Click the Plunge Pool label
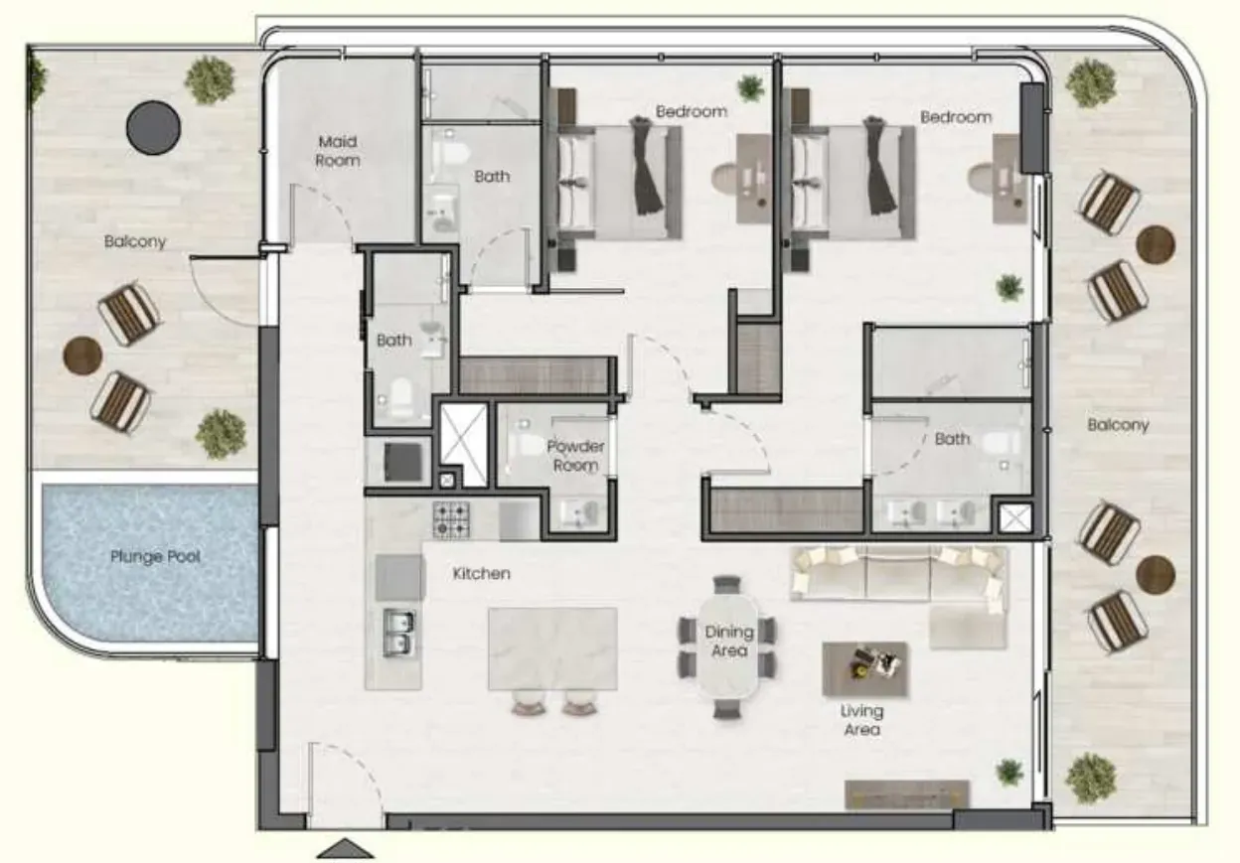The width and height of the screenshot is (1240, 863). [x=156, y=556]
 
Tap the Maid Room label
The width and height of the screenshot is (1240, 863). [x=338, y=151]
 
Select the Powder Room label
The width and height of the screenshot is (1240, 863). [x=575, y=456]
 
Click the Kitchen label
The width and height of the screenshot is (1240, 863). [x=482, y=574]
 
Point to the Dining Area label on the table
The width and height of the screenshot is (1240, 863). [x=729, y=642]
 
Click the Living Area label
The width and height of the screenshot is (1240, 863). [x=861, y=720]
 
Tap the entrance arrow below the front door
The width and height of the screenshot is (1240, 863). [x=345, y=848]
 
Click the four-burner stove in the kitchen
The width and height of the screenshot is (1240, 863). [x=451, y=520]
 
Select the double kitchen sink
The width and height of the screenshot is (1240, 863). [x=398, y=633]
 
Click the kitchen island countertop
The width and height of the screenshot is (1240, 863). [x=552, y=648]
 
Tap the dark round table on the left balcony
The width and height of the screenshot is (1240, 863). [x=153, y=127]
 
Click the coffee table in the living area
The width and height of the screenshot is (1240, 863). [x=864, y=668]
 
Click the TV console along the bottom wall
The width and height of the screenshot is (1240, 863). [x=907, y=794]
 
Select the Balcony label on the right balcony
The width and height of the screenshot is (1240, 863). [x=1118, y=425]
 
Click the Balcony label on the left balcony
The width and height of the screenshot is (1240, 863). [x=135, y=241]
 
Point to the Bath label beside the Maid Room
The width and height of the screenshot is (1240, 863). [x=492, y=177]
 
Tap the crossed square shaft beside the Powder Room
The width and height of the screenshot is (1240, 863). [x=463, y=445]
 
